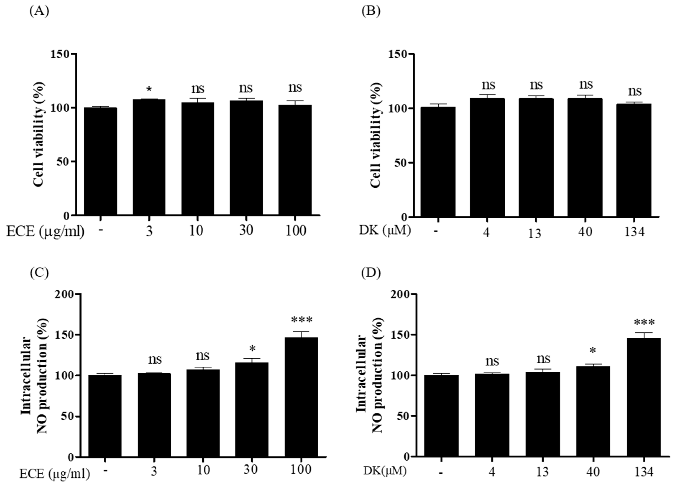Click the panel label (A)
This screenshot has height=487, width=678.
point(39,11)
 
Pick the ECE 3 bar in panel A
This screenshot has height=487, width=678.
point(149,157)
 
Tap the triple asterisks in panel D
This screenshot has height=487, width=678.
point(644,323)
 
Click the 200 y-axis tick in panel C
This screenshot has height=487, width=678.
point(64,294)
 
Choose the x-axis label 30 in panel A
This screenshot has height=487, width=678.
point(246,230)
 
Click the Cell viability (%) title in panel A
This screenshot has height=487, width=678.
point(39,135)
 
